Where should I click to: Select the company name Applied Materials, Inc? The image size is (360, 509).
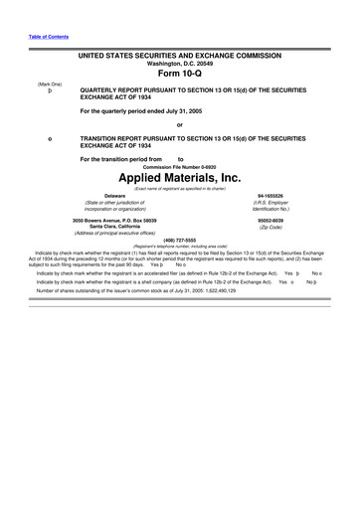click(x=180, y=178)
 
